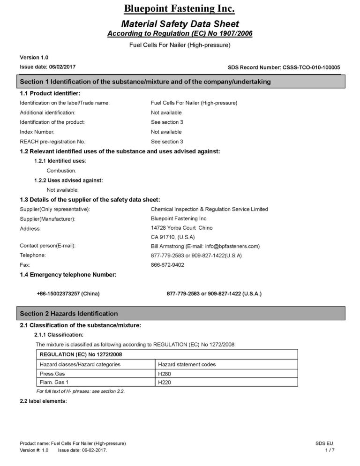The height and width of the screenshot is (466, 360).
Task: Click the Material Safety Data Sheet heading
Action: coord(180,24)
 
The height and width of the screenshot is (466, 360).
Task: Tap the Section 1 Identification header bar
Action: coord(182,82)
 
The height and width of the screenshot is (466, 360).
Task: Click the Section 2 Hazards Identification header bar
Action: coord(182,313)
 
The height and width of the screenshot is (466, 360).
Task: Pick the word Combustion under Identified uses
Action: coord(61,171)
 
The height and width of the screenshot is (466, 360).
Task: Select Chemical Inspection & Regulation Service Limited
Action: coord(209,209)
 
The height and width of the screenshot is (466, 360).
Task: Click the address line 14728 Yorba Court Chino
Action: coord(181,228)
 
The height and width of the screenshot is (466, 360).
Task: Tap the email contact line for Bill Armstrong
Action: coord(205,246)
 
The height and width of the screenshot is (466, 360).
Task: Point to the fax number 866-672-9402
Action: coord(167,265)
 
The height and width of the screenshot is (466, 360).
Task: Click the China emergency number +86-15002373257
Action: coord(68,293)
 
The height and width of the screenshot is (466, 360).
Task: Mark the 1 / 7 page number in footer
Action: coord(330,450)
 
